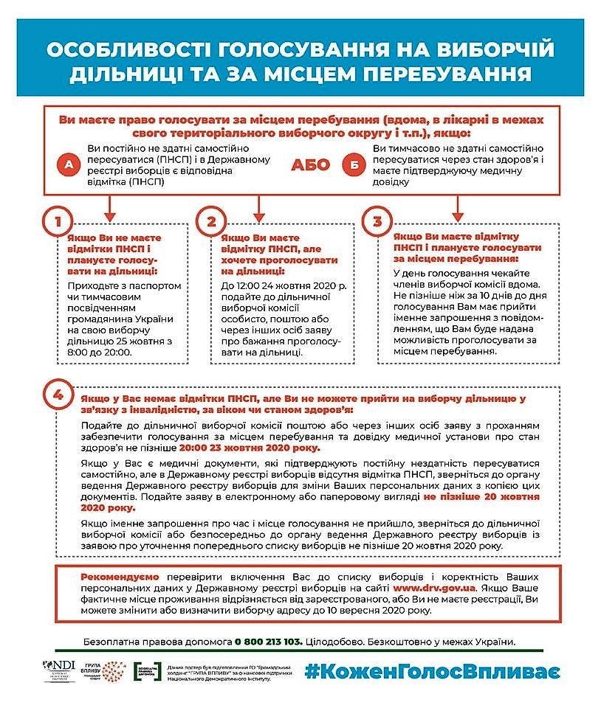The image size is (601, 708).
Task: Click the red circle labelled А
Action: (x=69, y=165)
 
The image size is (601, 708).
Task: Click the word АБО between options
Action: (x=311, y=164)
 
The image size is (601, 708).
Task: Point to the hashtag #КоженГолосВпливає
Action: (x=432, y=672)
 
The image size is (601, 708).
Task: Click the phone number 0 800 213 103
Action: (x=269, y=642)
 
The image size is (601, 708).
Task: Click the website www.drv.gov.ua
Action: (x=434, y=588)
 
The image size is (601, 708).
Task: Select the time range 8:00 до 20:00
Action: (x=99, y=353)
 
